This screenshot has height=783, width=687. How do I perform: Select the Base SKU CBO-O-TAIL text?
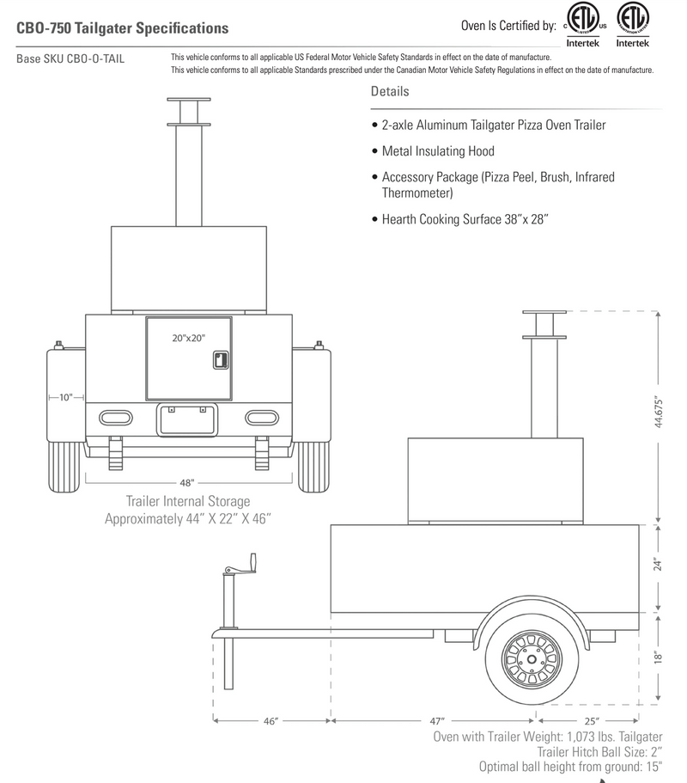pos(70,59)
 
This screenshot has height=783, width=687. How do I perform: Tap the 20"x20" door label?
pos(189,339)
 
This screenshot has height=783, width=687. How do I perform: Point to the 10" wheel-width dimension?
pos(66,398)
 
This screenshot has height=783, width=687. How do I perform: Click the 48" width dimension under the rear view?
pos(187,483)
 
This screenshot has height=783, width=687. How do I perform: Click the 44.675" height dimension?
pos(660,413)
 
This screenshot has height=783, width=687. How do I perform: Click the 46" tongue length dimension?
pos(271,721)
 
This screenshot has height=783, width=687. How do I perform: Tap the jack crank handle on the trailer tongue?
pos(238,569)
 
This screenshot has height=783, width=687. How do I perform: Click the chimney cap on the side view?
pos(543,310)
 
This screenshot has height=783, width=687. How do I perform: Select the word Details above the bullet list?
pos(390,92)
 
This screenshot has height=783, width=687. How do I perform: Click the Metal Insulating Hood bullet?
pos(438,151)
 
